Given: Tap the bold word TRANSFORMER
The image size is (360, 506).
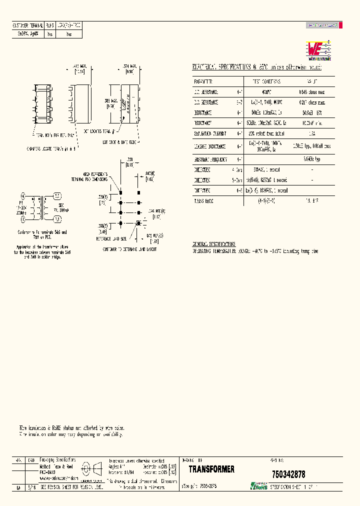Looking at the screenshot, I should click(x=211, y=469).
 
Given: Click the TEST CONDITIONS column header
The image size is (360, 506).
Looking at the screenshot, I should click(x=266, y=81).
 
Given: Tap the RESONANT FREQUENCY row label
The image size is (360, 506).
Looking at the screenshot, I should click(x=210, y=159).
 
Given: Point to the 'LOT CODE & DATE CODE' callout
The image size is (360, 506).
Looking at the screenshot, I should click(x=119, y=142).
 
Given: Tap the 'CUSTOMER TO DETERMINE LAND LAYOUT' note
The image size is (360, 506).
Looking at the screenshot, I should click(x=130, y=248).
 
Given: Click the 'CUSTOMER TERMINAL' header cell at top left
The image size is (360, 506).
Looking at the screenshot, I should click(x=28, y=24).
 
